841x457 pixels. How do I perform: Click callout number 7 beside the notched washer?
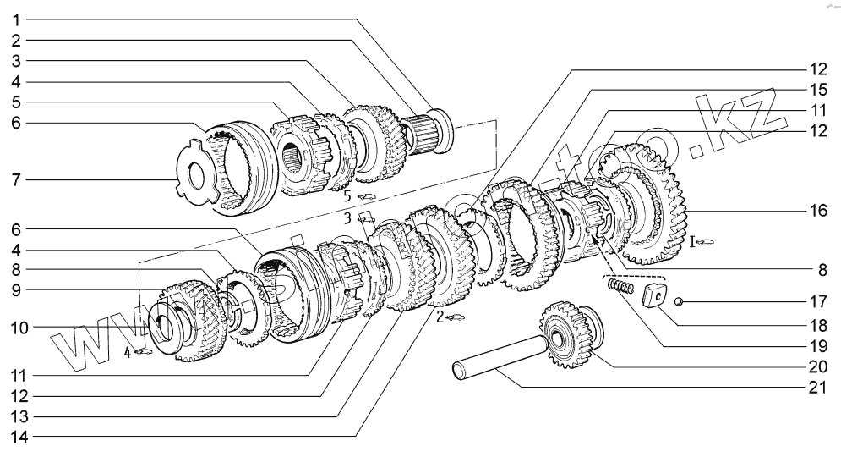point(16,180)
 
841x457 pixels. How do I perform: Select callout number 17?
point(816,300)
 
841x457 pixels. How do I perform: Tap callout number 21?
point(816,388)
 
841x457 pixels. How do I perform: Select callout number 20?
point(816,366)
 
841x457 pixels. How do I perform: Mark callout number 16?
point(816,211)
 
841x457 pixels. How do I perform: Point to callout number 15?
point(816,88)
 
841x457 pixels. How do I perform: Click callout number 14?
point(16,437)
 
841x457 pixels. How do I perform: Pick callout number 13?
point(16,416)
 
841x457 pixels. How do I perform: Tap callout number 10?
point(16,327)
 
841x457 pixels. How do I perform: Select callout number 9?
point(16,289)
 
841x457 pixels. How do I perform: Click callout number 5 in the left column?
point(16,102)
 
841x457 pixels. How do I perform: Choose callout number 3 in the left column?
point(16,60)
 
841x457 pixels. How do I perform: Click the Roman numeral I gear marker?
point(693,243)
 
